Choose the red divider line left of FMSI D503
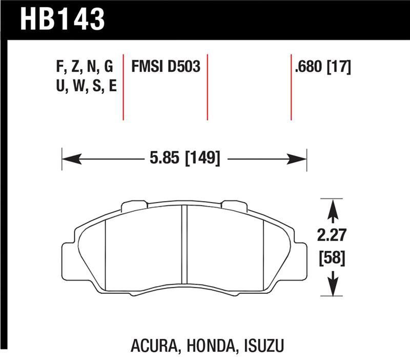click(x=124, y=86)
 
